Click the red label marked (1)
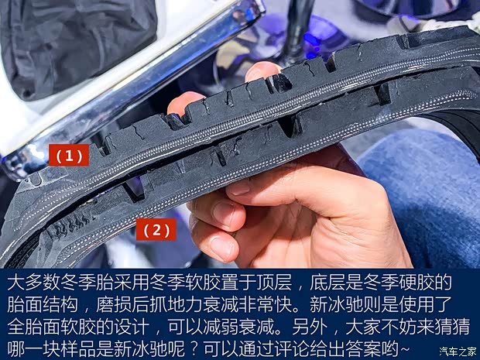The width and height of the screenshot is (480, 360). [x=67, y=156]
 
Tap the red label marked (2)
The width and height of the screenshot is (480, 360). [x=156, y=229]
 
